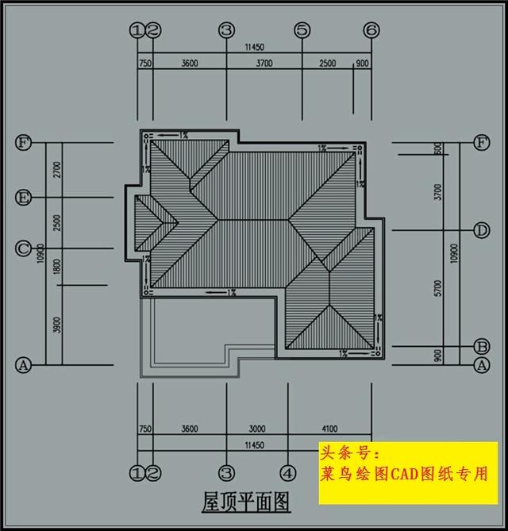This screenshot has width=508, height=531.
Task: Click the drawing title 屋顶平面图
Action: pyautogui.click(x=246, y=502)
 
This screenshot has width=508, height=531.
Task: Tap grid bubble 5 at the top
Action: pyautogui.click(x=302, y=30)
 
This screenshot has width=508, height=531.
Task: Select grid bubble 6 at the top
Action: pyautogui.click(x=371, y=30)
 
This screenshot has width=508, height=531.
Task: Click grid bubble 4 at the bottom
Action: pyautogui.click(x=288, y=474)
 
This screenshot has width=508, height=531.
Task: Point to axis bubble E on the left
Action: pyautogui.click(x=24, y=196)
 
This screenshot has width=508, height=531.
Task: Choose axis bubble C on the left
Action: pyautogui.click(x=24, y=248)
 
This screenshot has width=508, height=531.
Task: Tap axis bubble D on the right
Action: pyautogui.click(x=481, y=230)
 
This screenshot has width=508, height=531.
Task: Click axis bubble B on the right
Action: pyautogui.click(x=481, y=346)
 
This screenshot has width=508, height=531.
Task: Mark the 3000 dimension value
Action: pyautogui.click(x=256, y=429)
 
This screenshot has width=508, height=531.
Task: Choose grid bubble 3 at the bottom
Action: pyautogui.click(x=226, y=474)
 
